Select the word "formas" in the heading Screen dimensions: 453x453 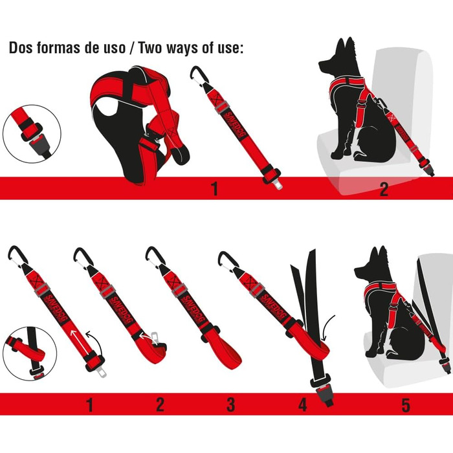(x=60, y=49)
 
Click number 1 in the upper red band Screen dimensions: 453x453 (x=214, y=189)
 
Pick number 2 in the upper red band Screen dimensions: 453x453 (x=384, y=189)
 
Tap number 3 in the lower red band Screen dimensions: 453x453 (x=230, y=406)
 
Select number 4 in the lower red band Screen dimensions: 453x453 (x=302, y=406)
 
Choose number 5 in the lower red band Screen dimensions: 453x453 (x=406, y=406)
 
